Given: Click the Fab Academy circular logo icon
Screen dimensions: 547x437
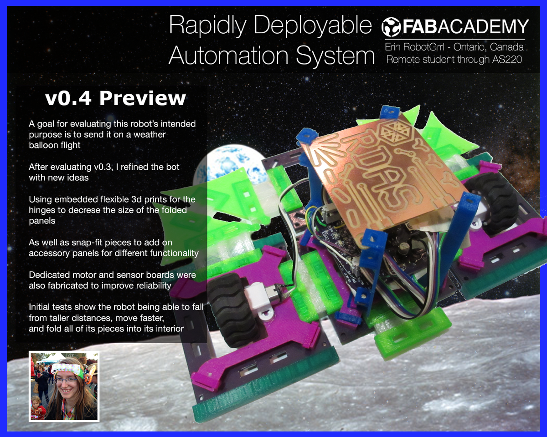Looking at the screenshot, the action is pyautogui.click(x=391, y=27).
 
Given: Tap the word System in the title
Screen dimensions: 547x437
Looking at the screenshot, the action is pyautogui.click(x=335, y=56).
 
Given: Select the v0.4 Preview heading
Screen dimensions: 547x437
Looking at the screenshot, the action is pyautogui.click(x=116, y=98).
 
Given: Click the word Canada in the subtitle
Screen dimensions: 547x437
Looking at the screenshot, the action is pyautogui.click(x=506, y=47).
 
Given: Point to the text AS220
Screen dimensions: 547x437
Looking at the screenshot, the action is pyautogui.click(x=507, y=60).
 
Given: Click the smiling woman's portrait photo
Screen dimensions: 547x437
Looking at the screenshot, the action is pyautogui.click(x=64, y=386).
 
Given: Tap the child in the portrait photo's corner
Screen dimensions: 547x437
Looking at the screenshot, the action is pyautogui.click(x=38, y=407).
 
